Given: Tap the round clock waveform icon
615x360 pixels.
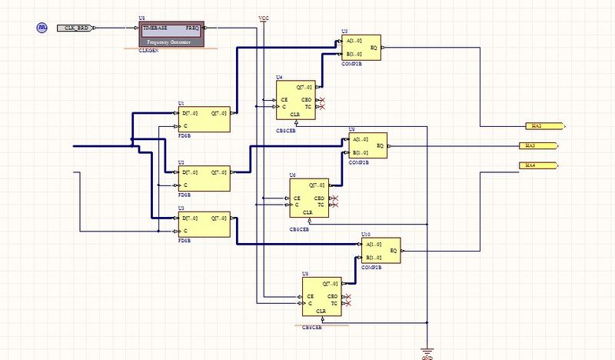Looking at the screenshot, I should (x=42, y=28).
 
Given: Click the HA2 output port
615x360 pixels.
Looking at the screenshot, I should (x=545, y=125).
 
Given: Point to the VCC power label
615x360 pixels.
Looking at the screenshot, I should (x=264, y=16).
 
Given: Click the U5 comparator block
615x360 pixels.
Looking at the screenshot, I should (x=361, y=48).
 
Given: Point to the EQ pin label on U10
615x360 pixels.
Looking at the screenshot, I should (x=394, y=250).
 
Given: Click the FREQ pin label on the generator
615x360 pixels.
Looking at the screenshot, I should (x=192, y=28).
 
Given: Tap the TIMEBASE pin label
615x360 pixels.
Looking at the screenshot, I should (x=155, y=28).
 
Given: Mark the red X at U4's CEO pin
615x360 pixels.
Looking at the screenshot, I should (x=322, y=100).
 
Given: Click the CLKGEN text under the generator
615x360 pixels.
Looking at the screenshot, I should (x=148, y=50).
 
